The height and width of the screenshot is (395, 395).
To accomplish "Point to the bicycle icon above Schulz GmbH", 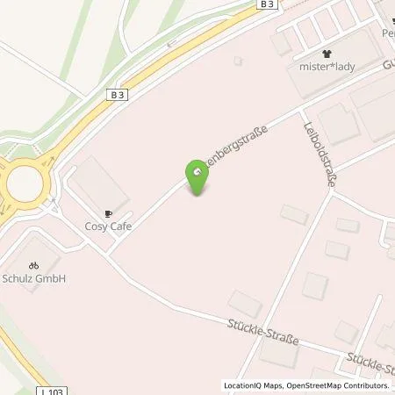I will click(34, 265).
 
